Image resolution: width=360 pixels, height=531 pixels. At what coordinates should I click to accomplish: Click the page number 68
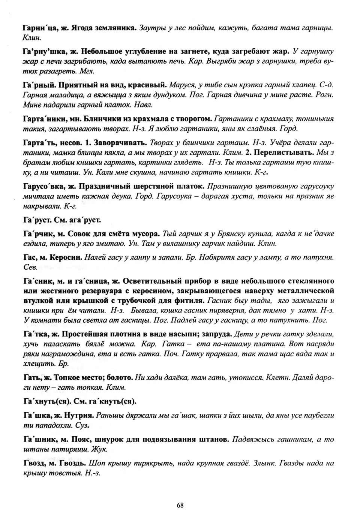point(180,505)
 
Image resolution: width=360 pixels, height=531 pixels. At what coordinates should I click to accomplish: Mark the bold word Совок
point(78,234)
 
